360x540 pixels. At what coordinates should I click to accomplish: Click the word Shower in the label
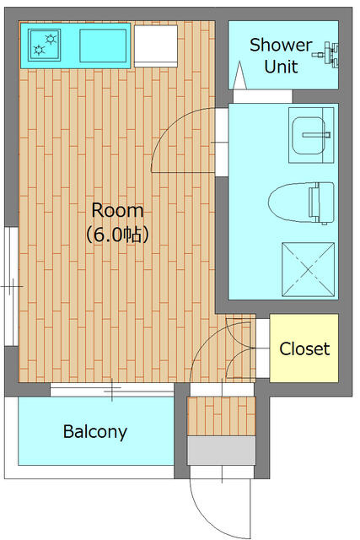pos(281,45)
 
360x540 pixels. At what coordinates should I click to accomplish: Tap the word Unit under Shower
pos(281,67)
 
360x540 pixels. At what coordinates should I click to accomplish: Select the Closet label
pos(304,348)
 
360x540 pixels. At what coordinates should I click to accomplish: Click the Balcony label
pos(95,432)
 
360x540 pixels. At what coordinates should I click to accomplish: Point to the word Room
pos(117,210)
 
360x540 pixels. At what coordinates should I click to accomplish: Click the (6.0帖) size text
pos(117,235)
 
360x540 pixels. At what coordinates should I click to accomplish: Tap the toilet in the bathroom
pos(302,203)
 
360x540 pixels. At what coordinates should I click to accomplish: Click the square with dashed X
pos(308,269)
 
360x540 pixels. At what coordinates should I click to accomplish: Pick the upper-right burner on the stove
pos(51,39)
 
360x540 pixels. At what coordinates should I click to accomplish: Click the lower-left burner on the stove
pos(39,51)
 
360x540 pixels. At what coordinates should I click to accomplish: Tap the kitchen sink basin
pos(103,46)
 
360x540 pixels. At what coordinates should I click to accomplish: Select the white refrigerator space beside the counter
pos(156,46)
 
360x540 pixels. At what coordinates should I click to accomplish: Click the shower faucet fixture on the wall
pos(326,54)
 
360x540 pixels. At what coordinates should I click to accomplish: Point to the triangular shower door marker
pos(239,75)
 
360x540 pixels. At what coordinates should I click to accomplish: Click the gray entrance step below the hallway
pos(221,451)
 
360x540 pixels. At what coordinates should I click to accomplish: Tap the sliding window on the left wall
pos(11,286)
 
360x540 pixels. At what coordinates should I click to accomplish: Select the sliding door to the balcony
pos(112,390)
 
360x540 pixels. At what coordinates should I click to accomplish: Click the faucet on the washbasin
pos(316,135)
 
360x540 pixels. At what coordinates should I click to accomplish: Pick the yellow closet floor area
pos(304,348)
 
